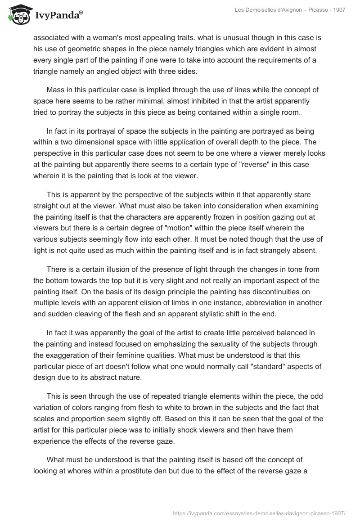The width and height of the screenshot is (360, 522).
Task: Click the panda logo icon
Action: point(17,14)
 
